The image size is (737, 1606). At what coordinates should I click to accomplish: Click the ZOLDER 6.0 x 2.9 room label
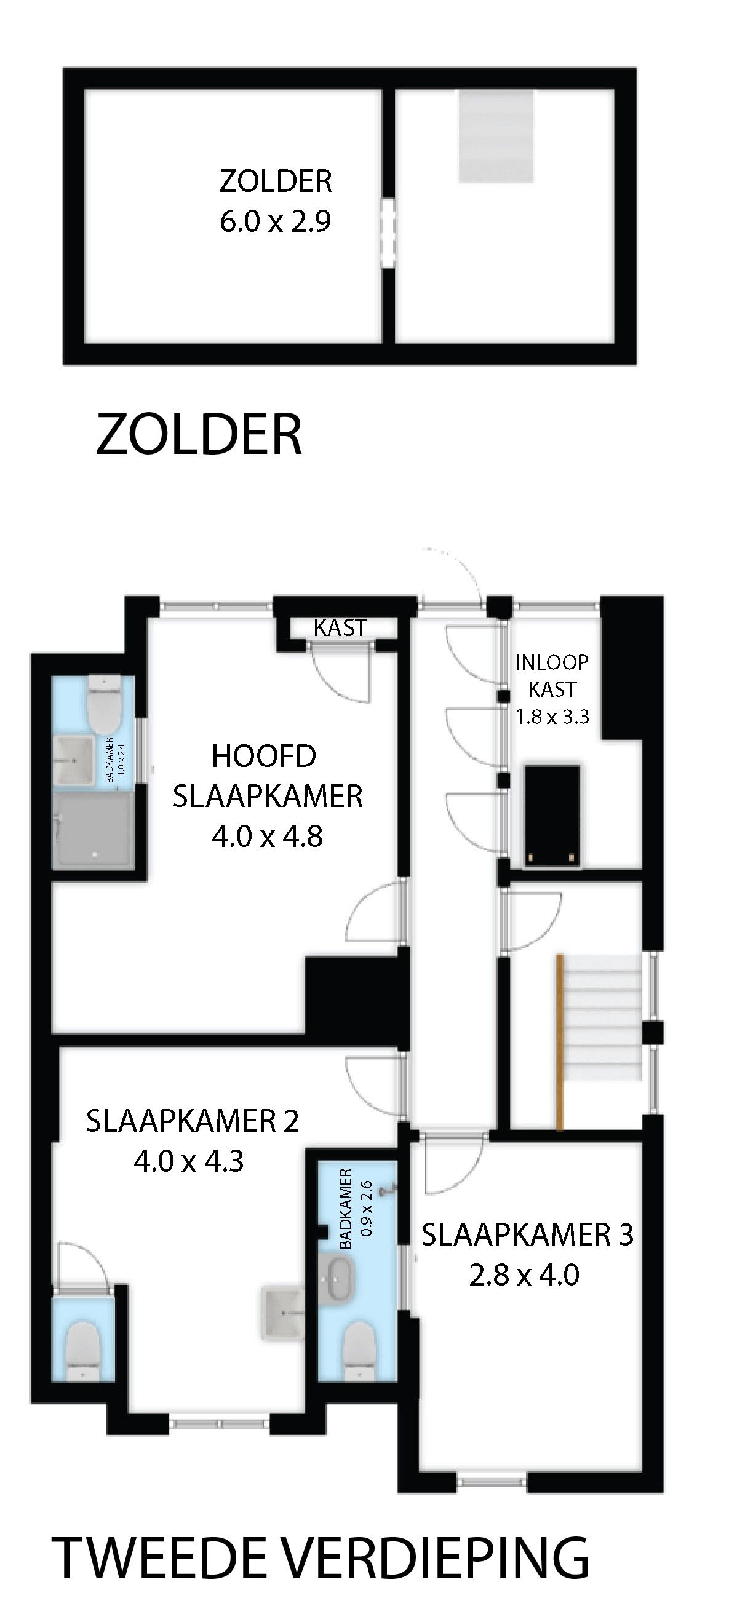(275, 201)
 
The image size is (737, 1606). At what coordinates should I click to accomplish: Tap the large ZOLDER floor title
(199, 434)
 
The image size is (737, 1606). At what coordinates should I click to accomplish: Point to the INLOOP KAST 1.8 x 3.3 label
(552, 689)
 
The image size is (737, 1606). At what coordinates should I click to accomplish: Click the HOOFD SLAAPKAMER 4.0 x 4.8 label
(267, 795)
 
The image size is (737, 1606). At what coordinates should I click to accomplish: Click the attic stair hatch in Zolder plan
(497, 136)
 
